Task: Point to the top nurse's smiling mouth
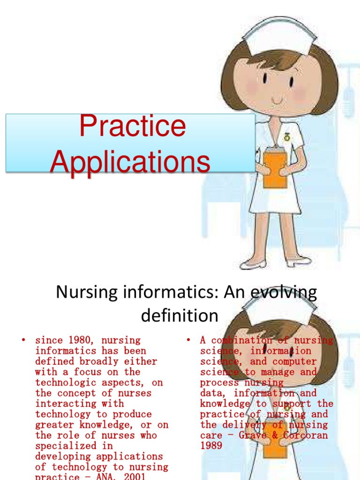click(x=277, y=101)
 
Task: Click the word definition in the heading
click(x=180, y=315)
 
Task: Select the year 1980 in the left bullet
click(x=80, y=340)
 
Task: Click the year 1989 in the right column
click(x=211, y=445)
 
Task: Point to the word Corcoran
click(x=305, y=435)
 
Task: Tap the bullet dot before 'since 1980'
click(x=22, y=340)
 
